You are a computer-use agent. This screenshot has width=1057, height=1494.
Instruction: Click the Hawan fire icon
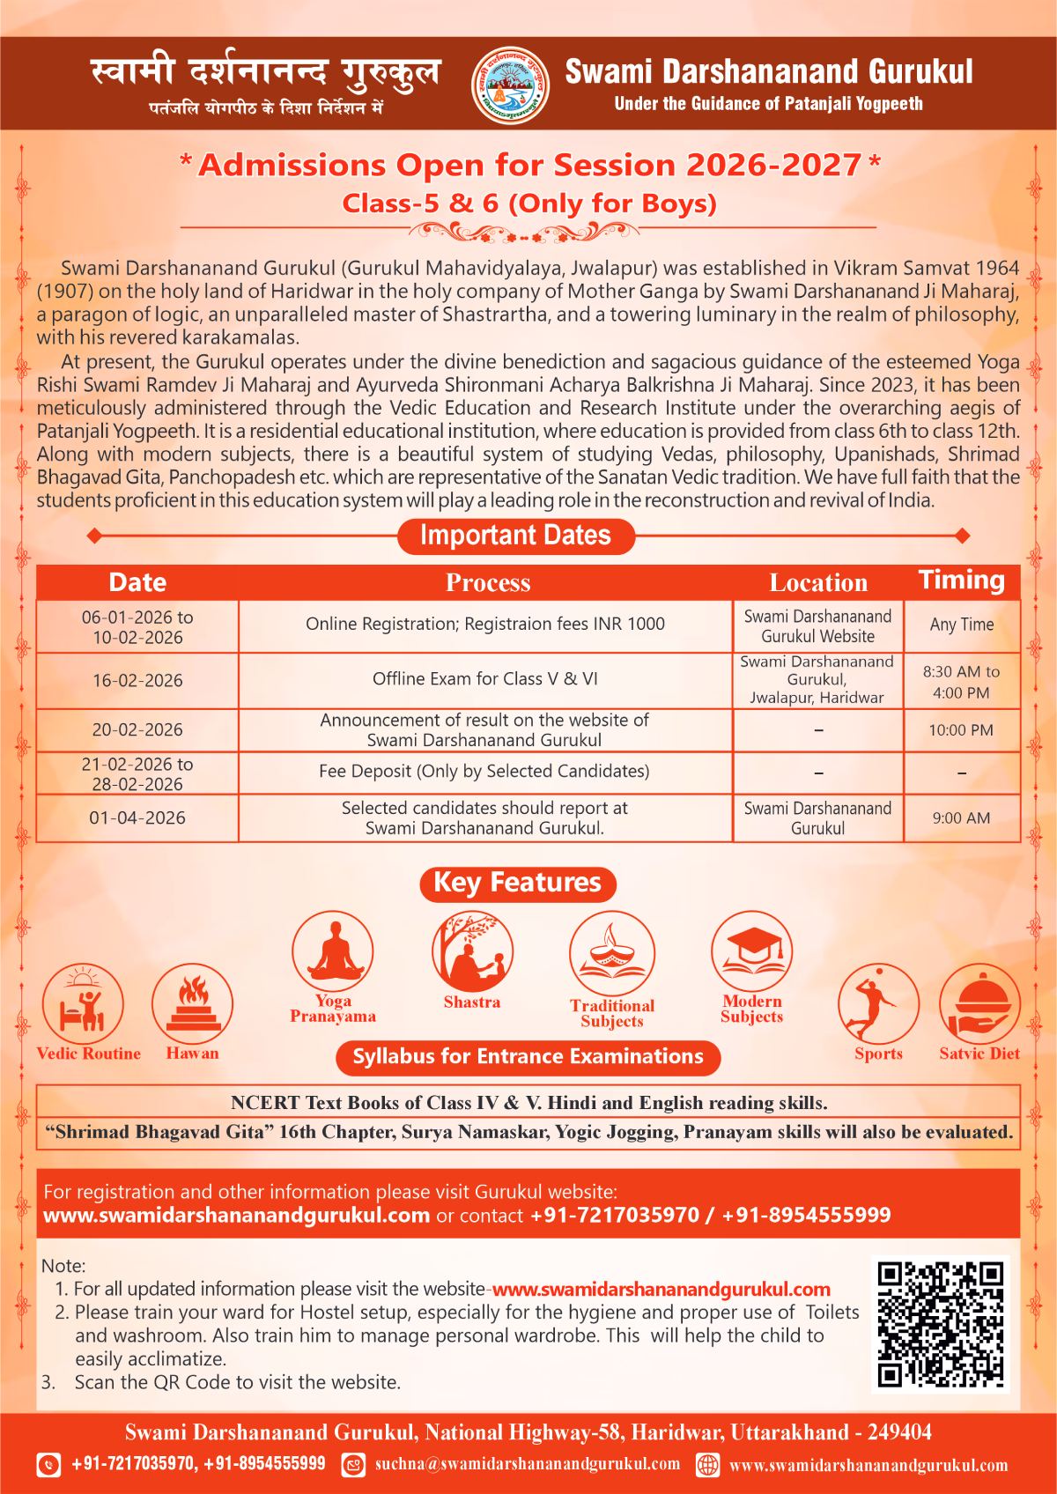tap(192, 1004)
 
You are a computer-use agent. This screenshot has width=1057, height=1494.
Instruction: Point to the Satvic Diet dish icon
tap(979, 1005)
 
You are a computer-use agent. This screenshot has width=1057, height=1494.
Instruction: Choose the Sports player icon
tap(877, 1005)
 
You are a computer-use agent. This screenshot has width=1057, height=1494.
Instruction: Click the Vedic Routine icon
tap(83, 1005)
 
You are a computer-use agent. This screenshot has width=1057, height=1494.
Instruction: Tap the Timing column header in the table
tap(961, 581)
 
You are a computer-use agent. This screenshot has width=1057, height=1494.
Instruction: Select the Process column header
tap(487, 582)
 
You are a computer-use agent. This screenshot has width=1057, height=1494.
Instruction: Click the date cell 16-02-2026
tap(137, 680)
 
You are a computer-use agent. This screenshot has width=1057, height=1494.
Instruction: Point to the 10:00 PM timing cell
tap(961, 730)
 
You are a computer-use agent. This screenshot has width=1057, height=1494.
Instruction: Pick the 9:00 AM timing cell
tap(961, 818)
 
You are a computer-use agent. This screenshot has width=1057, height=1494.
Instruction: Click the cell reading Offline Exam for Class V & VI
tap(485, 679)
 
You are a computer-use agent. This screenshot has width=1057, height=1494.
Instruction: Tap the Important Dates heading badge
tap(515, 536)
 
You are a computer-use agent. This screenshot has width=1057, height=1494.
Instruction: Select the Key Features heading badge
tap(517, 883)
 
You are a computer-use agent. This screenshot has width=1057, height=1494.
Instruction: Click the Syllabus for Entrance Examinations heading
tap(528, 1056)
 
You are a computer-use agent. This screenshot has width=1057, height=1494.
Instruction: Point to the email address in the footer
tap(527, 1464)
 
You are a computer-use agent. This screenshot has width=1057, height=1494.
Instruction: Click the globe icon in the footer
tap(707, 1465)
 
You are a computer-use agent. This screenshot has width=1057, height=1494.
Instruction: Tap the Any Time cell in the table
tap(961, 625)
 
